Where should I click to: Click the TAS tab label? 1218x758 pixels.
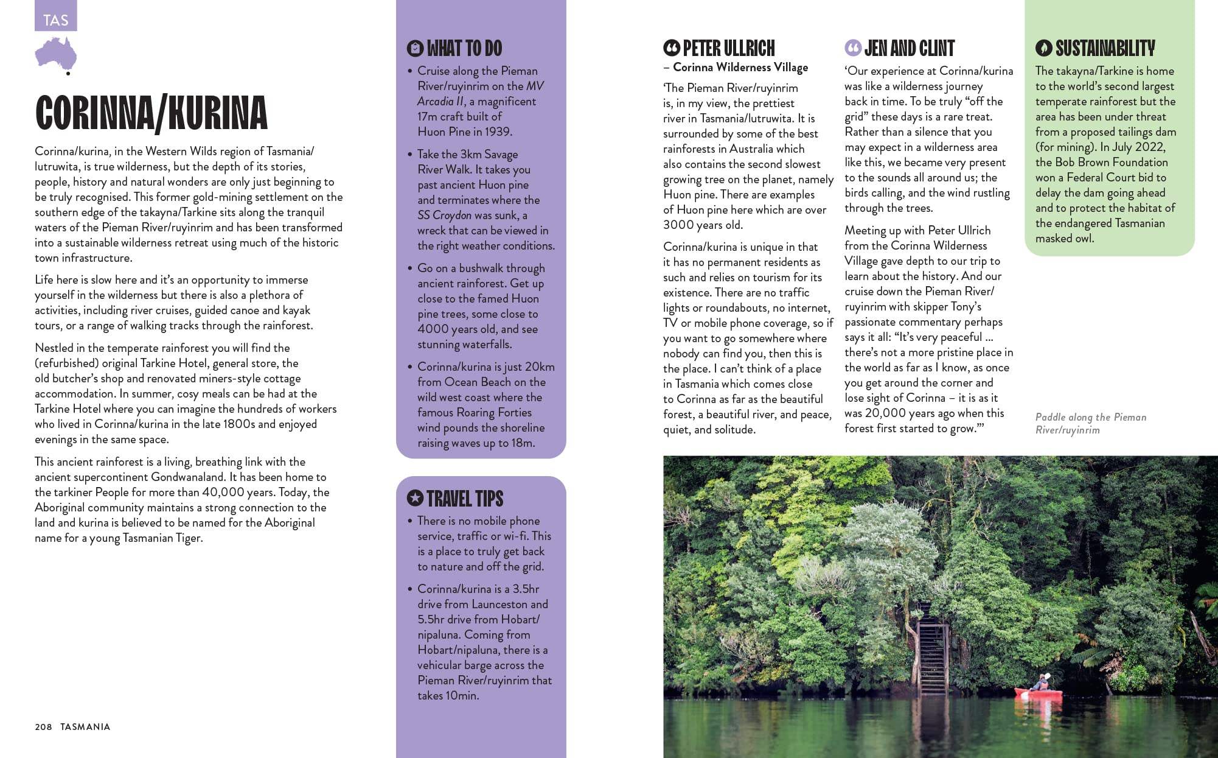[x=55, y=20]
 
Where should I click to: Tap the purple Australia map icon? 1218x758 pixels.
[x=56, y=54]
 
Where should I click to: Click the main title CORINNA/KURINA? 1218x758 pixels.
[x=151, y=113]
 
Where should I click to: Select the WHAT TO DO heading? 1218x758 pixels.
[x=464, y=48]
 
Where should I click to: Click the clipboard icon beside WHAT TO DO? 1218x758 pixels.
[x=415, y=48]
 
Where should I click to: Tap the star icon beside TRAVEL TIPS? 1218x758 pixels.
[x=415, y=498]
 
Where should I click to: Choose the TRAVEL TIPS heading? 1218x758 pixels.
[x=465, y=499]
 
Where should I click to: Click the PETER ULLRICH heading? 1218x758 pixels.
[x=728, y=48]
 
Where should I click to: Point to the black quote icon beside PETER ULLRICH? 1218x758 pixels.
[x=671, y=47]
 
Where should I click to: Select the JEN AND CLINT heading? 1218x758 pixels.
[x=909, y=48]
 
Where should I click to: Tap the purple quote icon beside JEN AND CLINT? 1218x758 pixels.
[x=852, y=47]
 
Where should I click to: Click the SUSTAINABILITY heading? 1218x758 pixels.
[x=1105, y=48]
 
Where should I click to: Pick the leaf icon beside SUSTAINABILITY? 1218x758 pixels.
[x=1043, y=48]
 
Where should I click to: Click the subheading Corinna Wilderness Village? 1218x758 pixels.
[x=740, y=68]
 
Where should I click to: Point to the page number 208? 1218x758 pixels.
[x=43, y=726]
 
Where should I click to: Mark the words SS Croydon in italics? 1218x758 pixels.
[x=444, y=215]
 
